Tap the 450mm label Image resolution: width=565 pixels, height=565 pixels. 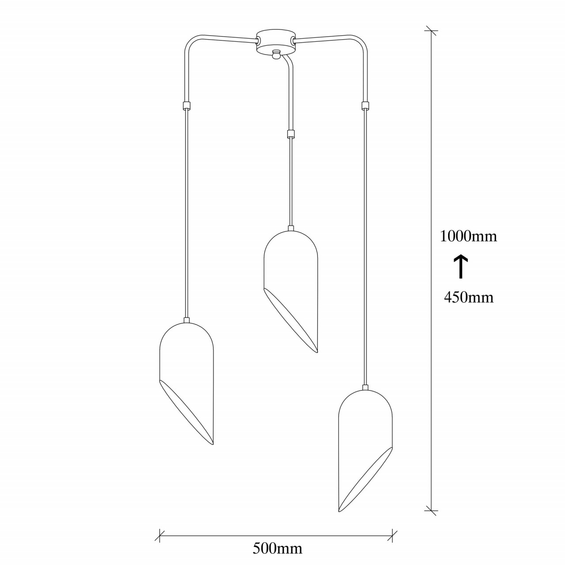(x=468, y=298)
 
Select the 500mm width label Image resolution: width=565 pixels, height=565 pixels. (x=277, y=548)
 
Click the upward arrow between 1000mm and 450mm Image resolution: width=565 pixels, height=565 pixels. (x=461, y=266)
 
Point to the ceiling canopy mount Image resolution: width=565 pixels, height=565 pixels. (x=275, y=41)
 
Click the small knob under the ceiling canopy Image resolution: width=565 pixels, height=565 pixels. (x=275, y=55)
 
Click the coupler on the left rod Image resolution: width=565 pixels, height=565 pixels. (x=186, y=105)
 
